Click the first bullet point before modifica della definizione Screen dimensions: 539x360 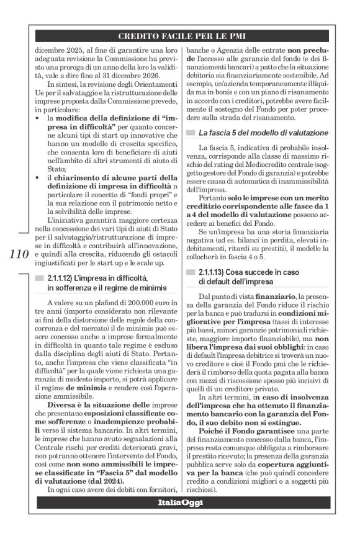tap(38, 118)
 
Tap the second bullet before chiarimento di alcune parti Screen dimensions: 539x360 tap(38, 179)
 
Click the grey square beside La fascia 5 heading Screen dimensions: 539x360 tap(191, 133)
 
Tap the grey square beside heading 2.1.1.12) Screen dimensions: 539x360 tap(39, 291)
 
